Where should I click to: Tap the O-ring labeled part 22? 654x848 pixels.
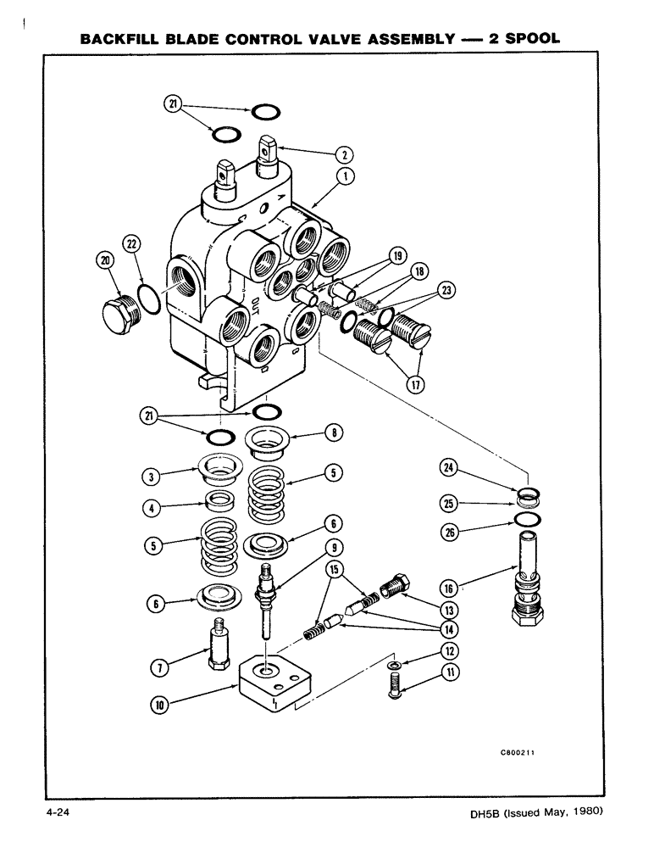tap(147, 299)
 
